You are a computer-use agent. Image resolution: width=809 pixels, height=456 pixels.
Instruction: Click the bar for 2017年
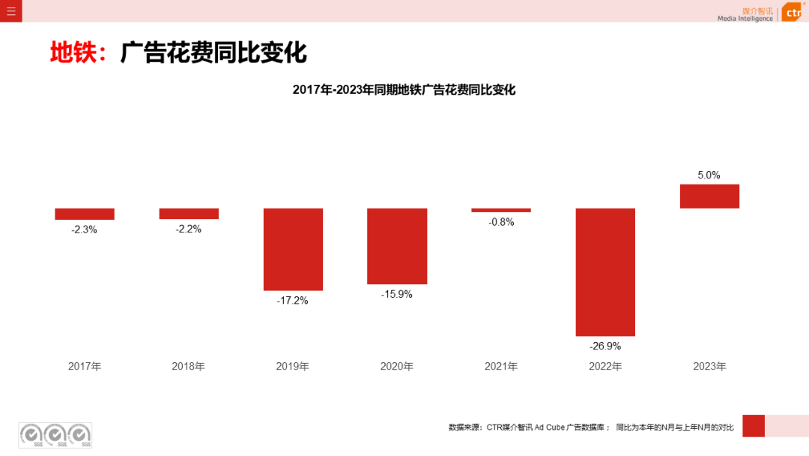[x=85, y=214]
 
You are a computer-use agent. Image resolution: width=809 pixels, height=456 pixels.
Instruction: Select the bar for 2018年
[x=189, y=214]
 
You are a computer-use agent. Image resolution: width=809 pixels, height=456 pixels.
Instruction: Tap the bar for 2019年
[x=293, y=249]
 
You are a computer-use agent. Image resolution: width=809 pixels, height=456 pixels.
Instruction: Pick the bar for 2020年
[x=397, y=246]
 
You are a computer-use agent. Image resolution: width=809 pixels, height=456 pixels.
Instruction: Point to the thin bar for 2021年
[x=501, y=210]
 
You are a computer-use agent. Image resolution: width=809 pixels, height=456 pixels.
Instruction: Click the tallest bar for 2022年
[x=605, y=271]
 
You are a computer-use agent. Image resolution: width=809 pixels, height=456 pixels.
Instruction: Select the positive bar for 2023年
[x=709, y=196]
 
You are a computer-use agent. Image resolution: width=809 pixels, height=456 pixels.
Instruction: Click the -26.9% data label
[x=605, y=346]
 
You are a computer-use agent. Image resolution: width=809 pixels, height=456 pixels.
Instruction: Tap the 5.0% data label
[x=709, y=175]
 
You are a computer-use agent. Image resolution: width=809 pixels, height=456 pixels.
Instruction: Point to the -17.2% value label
[x=293, y=300]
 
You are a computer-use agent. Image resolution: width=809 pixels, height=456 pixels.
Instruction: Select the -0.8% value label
[x=501, y=222]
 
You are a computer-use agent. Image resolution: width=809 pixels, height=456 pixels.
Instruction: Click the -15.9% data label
[x=397, y=294]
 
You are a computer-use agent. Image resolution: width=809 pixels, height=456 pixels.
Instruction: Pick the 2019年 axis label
[x=293, y=367]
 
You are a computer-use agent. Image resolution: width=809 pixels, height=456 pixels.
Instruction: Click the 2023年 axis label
[x=709, y=367]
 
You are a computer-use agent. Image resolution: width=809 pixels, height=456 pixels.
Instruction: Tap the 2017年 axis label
[x=85, y=367]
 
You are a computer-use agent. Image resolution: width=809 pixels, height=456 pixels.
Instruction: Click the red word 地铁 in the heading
[x=73, y=52]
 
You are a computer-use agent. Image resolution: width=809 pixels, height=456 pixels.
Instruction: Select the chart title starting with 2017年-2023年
[x=404, y=90]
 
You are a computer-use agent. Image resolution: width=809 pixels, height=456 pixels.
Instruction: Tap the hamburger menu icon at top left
[x=10, y=10]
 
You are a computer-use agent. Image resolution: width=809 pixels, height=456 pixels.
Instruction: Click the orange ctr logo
[x=793, y=12]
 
